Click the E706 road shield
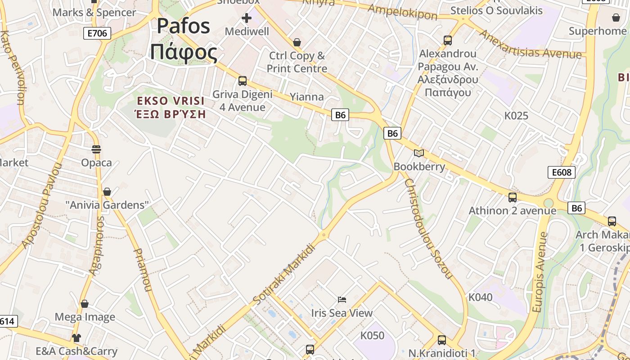pos(97,33)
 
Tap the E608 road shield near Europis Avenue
pos(562,172)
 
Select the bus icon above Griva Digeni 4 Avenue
pos(243,81)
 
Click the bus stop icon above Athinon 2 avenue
pos(513,197)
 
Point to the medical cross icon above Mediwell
pos(247,18)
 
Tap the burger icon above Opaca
pos(96,149)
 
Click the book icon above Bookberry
pos(419,153)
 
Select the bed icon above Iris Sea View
pos(342,299)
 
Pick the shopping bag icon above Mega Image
pos(85,304)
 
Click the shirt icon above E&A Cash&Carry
pos(76,337)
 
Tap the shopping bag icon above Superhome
pos(616,18)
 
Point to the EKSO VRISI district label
pos(171,100)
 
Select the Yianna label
pos(306,97)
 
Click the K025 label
pos(516,116)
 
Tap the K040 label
pos(481,297)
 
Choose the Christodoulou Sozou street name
pos(427,228)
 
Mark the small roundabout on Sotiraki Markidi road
pos(324,234)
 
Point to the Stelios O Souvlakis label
pos(496,10)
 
